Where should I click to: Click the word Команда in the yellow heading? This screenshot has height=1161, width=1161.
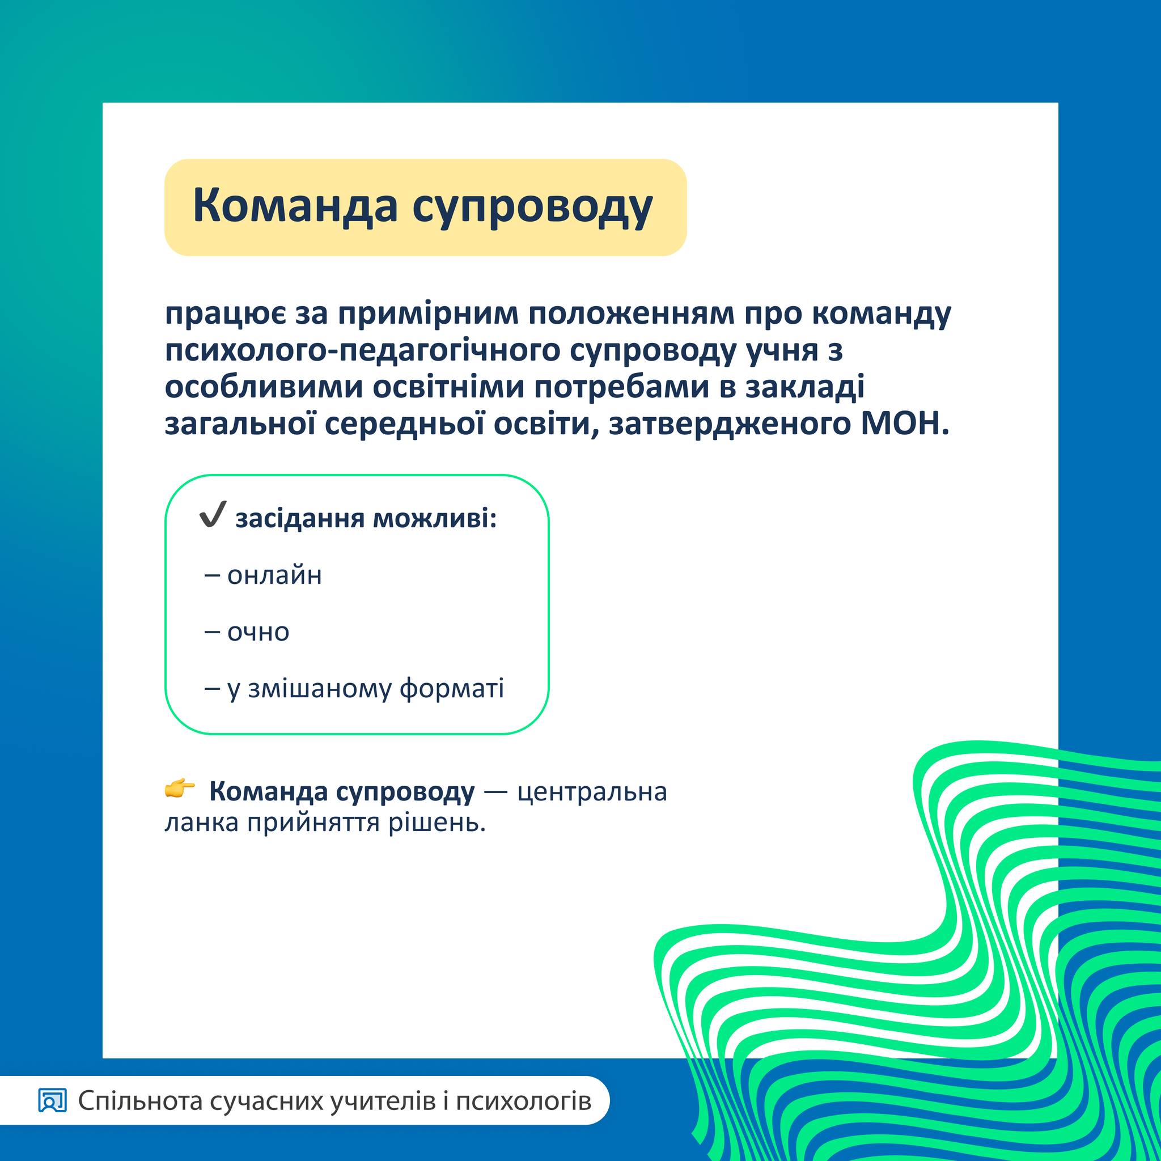tap(295, 206)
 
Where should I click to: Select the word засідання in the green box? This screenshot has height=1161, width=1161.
tap(299, 519)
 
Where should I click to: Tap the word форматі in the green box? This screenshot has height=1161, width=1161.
tap(452, 689)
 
